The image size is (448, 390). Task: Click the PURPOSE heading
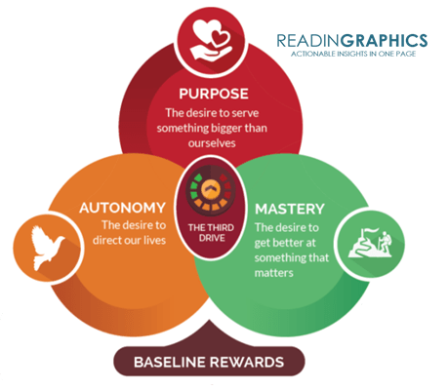click(x=214, y=94)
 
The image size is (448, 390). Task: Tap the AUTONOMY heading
click(x=122, y=208)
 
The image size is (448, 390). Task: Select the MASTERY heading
click(x=290, y=209)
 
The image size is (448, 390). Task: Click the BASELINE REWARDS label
click(x=209, y=362)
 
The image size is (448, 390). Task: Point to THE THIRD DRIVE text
click(x=211, y=233)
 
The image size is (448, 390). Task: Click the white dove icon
click(x=48, y=248)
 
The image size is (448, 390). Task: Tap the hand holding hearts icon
click(x=211, y=40)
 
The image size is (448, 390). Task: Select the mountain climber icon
click(x=370, y=243)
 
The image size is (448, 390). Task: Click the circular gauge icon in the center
click(x=211, y=190)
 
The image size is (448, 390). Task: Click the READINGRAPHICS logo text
click(x=352, y=41)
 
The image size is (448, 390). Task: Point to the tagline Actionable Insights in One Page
click(x=353, y=54)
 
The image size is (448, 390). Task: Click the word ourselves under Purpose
click(x=212, y=143)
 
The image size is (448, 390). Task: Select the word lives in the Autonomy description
click(x=155, y=240)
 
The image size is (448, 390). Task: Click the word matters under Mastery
click(x=273, y=273)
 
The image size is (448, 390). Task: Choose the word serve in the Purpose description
click(x=245, y=113)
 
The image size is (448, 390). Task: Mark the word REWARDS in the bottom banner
click(x=246, y=362)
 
